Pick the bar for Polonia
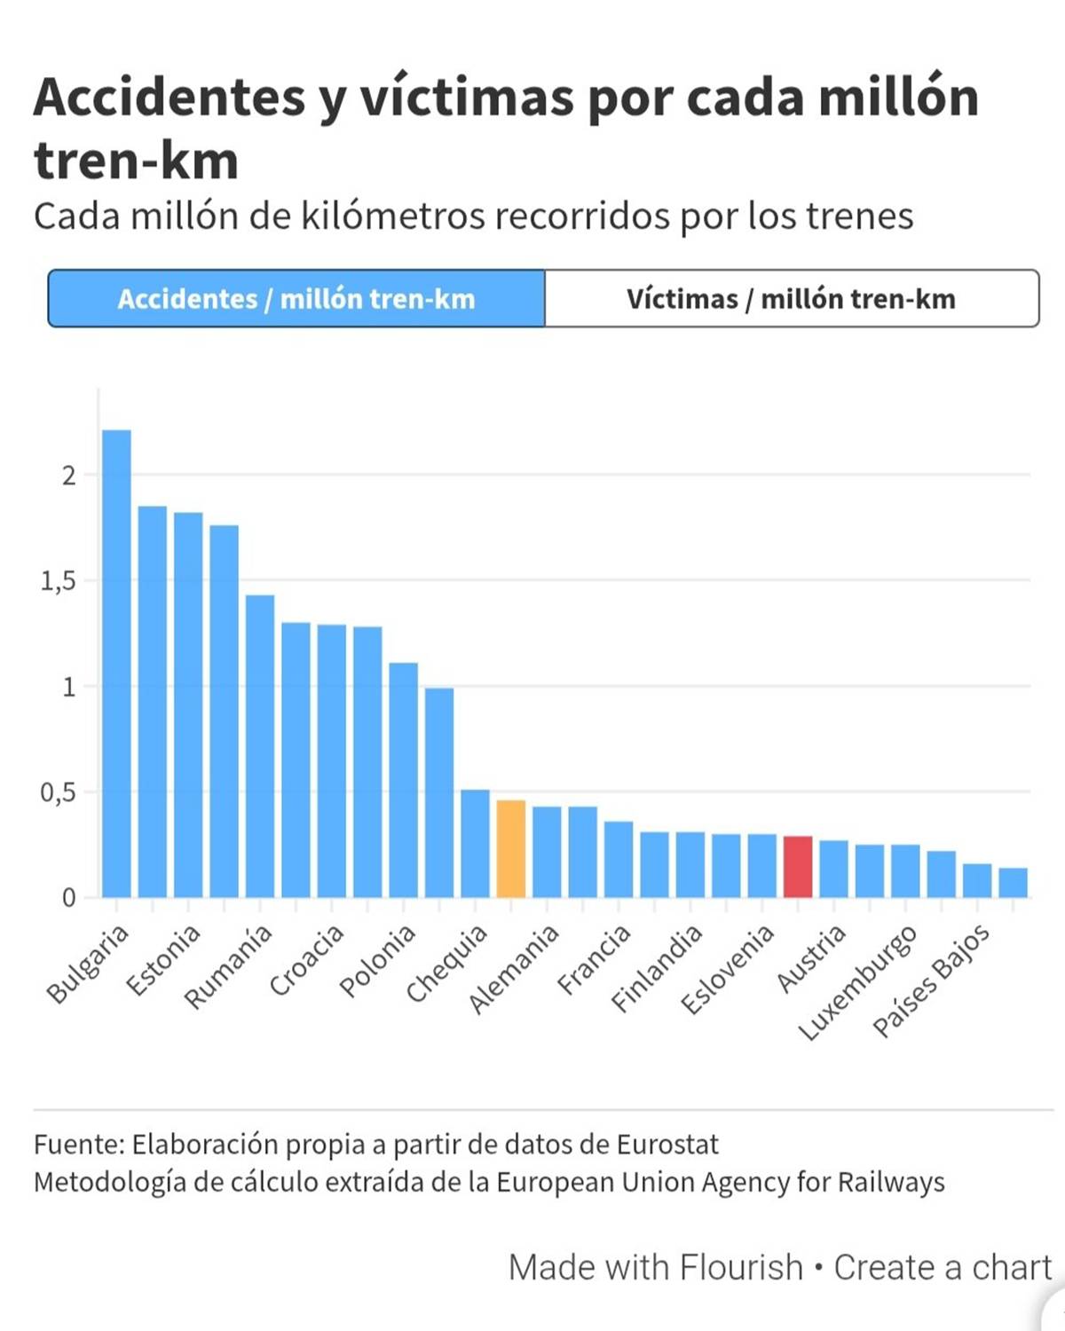[x=404, y=780]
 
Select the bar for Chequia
[x=475, y=843]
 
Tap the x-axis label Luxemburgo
[x=857, y=983]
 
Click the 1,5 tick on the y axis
[x=58, y=581]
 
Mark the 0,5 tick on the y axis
[x=58, y=792]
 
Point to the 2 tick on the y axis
[x=68, y=476]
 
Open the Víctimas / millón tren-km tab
[x=791, y=299]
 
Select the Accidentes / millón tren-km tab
[x=296, y=299]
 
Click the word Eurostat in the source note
[x=667, y=1145]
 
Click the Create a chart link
[x=942, y=1267]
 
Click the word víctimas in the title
[x=466, y=97]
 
